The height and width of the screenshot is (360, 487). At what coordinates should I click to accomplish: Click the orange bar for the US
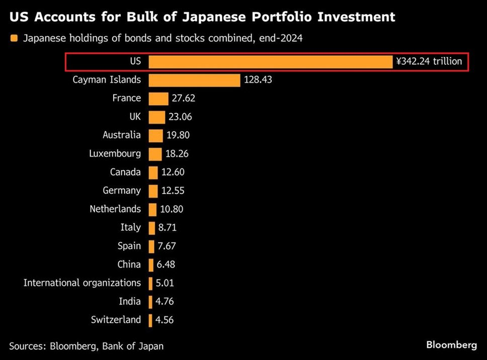pos(270,61)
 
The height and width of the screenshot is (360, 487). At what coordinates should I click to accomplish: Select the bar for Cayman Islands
pos(194,80)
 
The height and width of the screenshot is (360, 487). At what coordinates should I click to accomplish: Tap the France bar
pos(158,99)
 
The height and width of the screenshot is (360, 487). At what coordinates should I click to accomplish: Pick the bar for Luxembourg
pos(155,154)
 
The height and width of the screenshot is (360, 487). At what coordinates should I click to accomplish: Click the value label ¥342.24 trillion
pos(429,61)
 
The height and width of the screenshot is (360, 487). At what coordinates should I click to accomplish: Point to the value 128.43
pos(258,80)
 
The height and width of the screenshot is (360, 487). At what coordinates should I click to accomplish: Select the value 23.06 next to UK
pos(180,117)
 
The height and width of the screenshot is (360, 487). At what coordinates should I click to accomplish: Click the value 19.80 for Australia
pos(178,135)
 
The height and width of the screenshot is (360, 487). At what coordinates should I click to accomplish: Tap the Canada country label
pos(125,172)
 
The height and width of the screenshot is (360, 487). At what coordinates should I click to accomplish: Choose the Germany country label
pos(122,191)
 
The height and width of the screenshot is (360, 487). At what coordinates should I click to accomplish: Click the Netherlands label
pos(115,209)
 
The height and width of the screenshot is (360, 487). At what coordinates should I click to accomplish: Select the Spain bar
pos(151,246)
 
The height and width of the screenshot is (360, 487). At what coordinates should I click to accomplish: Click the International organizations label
pos(82,283)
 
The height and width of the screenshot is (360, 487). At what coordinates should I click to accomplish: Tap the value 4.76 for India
pos(165,302)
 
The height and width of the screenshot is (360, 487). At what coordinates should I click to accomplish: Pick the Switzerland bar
pos(150,320)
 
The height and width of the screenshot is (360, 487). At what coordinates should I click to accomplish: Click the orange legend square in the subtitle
pos(14,39)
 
